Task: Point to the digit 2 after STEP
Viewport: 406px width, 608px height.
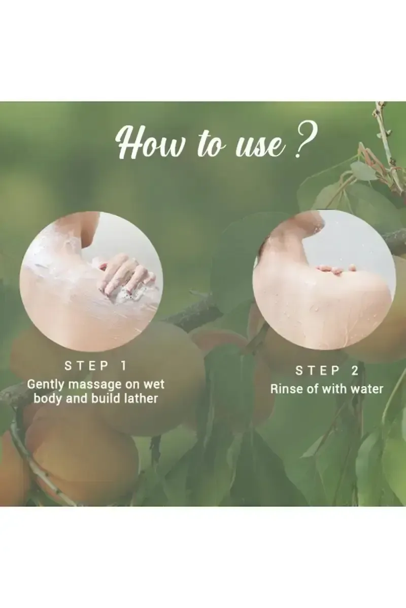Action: [354, 371]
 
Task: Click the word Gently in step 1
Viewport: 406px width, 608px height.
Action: [45, 384]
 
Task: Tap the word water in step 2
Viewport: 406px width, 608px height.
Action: [368, 389]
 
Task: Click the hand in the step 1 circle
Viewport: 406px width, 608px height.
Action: [124, 276]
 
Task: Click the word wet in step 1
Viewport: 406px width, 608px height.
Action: [154, 384]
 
